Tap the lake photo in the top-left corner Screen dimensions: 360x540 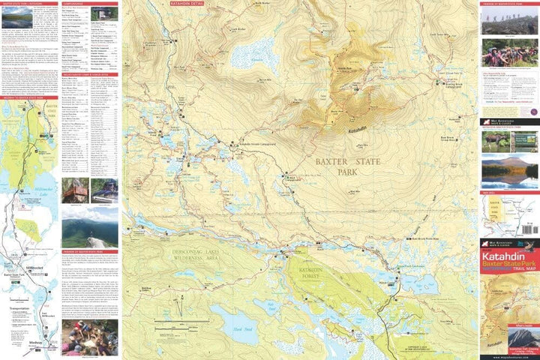pos(14,16)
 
